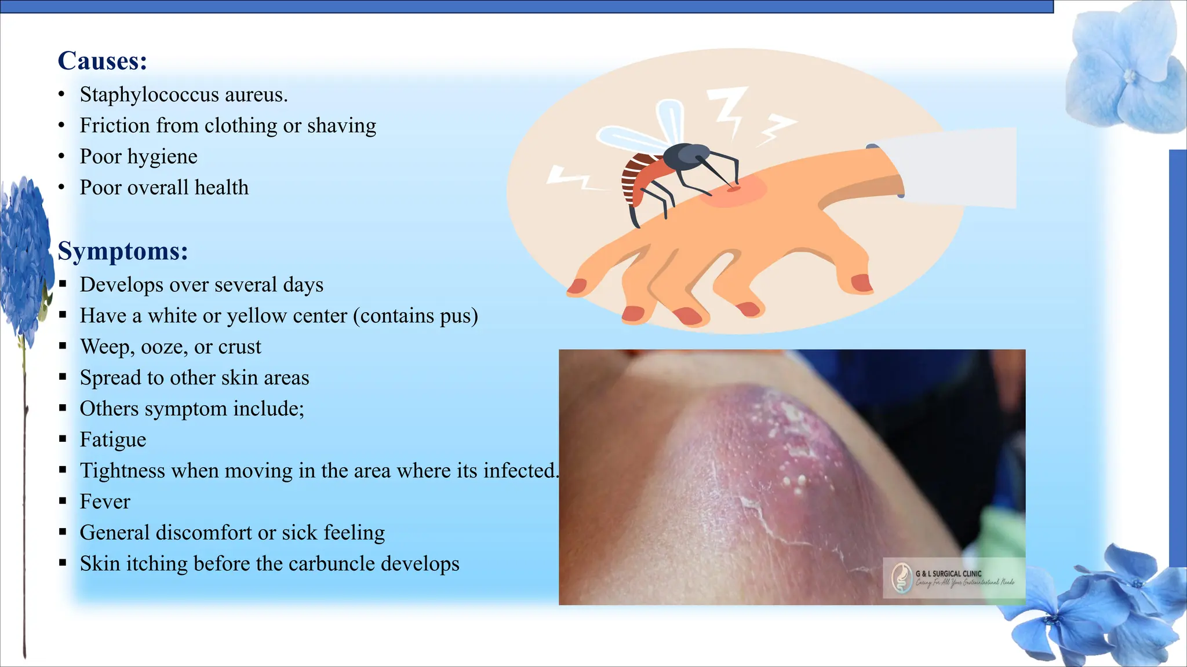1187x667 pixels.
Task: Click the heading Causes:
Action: (x=103, y=61)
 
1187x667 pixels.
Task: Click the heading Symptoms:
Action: (x=123, y=251)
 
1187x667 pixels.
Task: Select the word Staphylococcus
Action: (x=149, y=94)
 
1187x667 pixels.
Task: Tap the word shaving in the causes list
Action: (x=341, y=126)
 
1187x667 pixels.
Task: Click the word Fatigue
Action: (x=113, y=439)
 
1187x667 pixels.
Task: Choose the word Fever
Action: (x=105, y=501)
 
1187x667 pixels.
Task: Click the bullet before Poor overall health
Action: (x=61, y=188)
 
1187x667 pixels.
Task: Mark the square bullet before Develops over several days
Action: (x=63, y=285)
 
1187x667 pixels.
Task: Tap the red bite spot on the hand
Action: (x=733, y=188)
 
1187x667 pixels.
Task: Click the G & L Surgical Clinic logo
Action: (x=902, y=578)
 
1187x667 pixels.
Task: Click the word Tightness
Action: (x=122, y=471)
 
